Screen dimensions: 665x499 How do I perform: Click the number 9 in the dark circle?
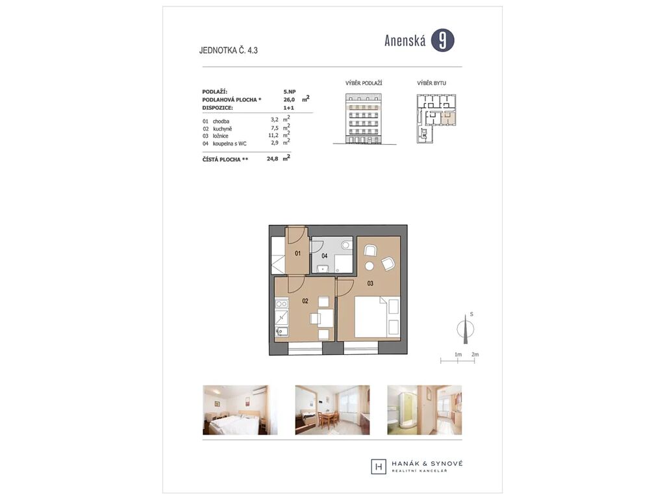coord(442,41)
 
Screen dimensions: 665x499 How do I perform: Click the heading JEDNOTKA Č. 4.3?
coord(228,51)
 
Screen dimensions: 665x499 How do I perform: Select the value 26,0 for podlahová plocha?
coord(289,99)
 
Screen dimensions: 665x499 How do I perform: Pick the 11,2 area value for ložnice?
coord(273,136)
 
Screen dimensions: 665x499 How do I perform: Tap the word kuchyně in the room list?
coord(223,129)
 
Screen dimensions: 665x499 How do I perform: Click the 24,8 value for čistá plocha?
coord(273,159)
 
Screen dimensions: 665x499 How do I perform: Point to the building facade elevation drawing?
coord(364,119)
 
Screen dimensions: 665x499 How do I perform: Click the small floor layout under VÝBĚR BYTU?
coord(436,118)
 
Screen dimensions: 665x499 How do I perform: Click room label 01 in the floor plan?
coord(297,253)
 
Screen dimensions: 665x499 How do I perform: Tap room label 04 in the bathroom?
coord(325,256)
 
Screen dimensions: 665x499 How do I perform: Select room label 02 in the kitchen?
coord(305,301)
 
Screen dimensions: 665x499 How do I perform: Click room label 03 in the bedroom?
coord(370,283)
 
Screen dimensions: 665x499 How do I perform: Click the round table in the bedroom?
coord(370,266)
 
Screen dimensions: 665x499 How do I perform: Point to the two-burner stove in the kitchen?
coord(282,304)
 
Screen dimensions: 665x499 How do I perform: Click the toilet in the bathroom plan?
coord(346,244)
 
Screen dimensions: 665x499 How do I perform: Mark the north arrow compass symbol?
coord(465,329)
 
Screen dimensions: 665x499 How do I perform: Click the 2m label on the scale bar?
coord(475,354)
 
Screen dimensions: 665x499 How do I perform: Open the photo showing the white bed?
coord(240,410)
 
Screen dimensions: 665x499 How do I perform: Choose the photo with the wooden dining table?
coord(332,410)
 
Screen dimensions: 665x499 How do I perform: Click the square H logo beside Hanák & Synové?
coord(379,467)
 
